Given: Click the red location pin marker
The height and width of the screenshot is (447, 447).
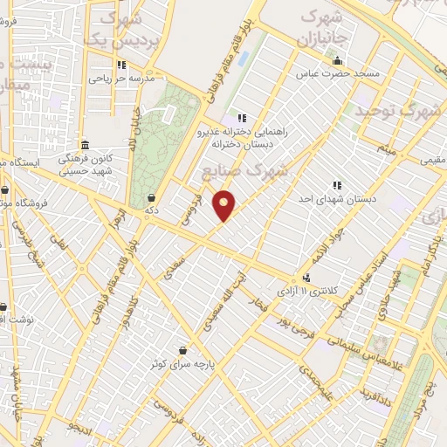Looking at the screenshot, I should click(x=225, y=205).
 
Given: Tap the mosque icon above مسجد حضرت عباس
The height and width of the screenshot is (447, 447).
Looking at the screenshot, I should click(x=337, y=61).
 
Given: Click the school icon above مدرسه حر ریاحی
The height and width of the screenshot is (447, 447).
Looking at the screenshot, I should click(x=121, y=65).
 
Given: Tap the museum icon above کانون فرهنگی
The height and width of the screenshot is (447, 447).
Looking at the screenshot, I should click(x=84, y=145).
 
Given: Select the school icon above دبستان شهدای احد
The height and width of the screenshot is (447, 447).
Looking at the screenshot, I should click(x=336, y=185).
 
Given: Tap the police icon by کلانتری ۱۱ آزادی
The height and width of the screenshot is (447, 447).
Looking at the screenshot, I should click(x=306, y=273).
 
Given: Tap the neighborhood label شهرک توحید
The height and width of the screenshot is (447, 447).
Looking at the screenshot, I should click(x=394, y=109).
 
